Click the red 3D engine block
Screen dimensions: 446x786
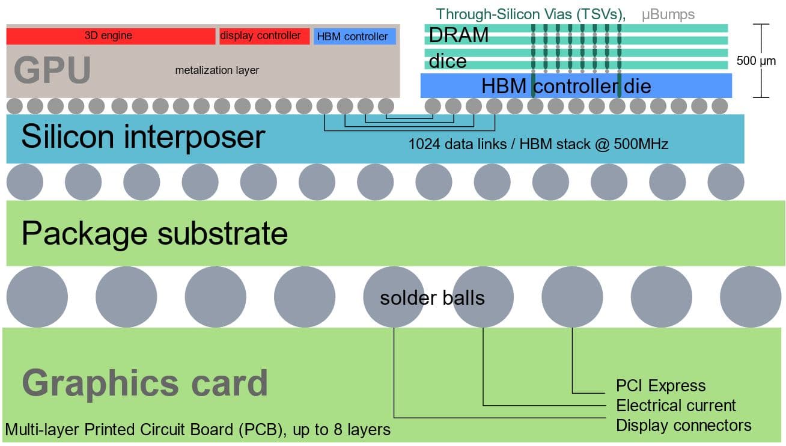point(111,36)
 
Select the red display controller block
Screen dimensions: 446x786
point(264,36)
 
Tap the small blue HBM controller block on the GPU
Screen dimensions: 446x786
point(354,37)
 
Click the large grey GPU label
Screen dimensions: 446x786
point(52,70)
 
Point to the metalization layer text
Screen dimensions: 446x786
point(217,70)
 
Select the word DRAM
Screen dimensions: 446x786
point(458,35)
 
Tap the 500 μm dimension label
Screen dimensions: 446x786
point(756,61)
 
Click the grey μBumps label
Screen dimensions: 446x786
point(668,14)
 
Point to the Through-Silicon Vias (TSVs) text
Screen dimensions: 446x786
point(531,14)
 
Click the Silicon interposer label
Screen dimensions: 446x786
point(142,136)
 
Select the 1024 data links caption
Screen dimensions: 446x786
point(538,144)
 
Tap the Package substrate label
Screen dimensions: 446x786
point(154,233)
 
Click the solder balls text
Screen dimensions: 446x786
point(432,298)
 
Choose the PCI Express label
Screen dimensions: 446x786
point(660,385)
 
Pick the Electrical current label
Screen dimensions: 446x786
point(675,405)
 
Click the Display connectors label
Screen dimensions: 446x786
point(683,426)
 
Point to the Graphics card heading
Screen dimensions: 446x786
point(145,383)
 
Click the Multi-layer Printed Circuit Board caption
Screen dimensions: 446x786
point(198,430)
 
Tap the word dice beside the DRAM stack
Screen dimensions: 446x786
point(448,61)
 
